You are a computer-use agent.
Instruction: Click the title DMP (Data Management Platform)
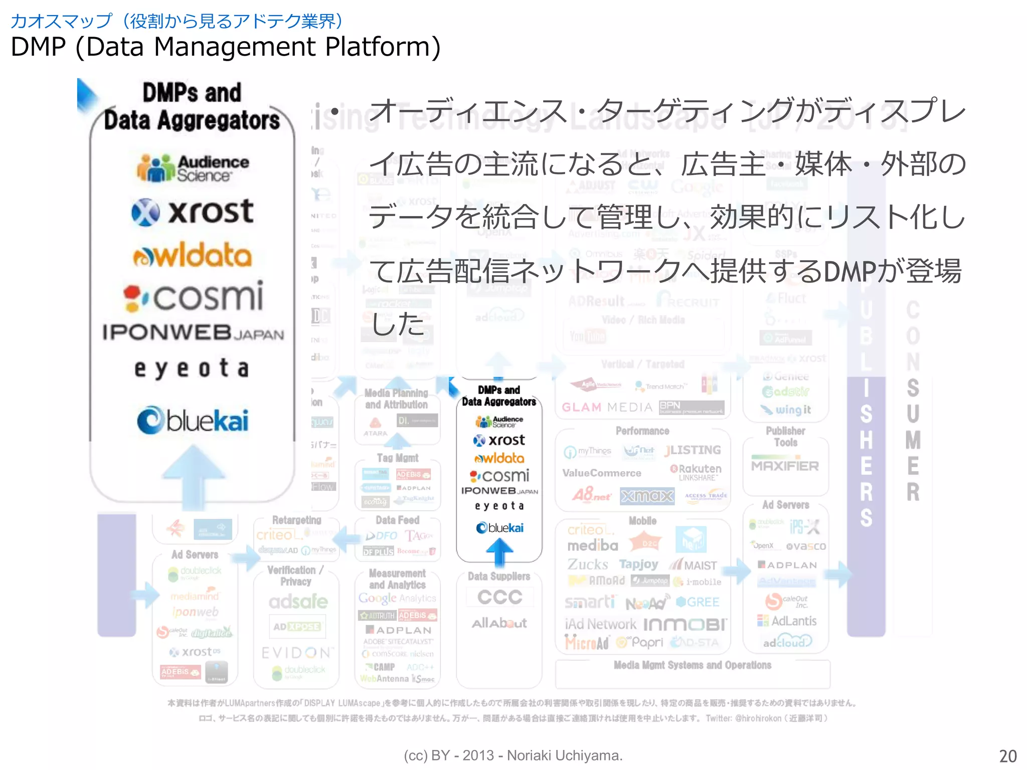pyautogui.click(x=225, y=47)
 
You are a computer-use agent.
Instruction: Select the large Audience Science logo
pyautogui.click(x=193, y=168)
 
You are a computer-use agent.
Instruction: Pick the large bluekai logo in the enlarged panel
pyautogui.click(x=193, y=420)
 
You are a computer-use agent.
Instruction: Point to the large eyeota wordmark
pyautogui.click(x=192, y=368)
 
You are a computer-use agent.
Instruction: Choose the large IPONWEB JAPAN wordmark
pyautogui.click(x=193, y=333)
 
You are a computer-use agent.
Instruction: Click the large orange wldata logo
pyautogui.click(x=193, y=255)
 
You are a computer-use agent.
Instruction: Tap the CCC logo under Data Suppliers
pyautogui.click(x=499, y=597)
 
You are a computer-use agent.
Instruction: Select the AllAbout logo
pyautogui.click(x=499, y=623)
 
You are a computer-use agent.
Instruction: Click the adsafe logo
pyautogui.click(x=298, y=602)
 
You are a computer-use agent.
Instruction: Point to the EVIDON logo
pyautogui.click(x=297, y=653)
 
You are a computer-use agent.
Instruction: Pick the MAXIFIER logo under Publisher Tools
pyautogui.click(x=785, y=466)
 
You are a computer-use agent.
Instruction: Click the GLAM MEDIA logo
pyautogui.click(x=607, y=407)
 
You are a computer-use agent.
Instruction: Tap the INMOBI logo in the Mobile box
pyautogui.click(x=684, y=625)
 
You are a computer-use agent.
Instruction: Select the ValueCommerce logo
pyautogui.click(x=601, y=473)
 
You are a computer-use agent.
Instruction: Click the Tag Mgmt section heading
pyautogui.click(x=397, y=458)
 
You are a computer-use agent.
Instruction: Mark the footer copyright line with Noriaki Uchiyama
pyautogui.click(x=513, y=755)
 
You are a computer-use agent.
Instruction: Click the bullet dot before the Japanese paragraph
pyautogui.click(x=334, y=111)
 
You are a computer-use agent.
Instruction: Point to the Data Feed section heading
pyautogui.click(x=397, y=520)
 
